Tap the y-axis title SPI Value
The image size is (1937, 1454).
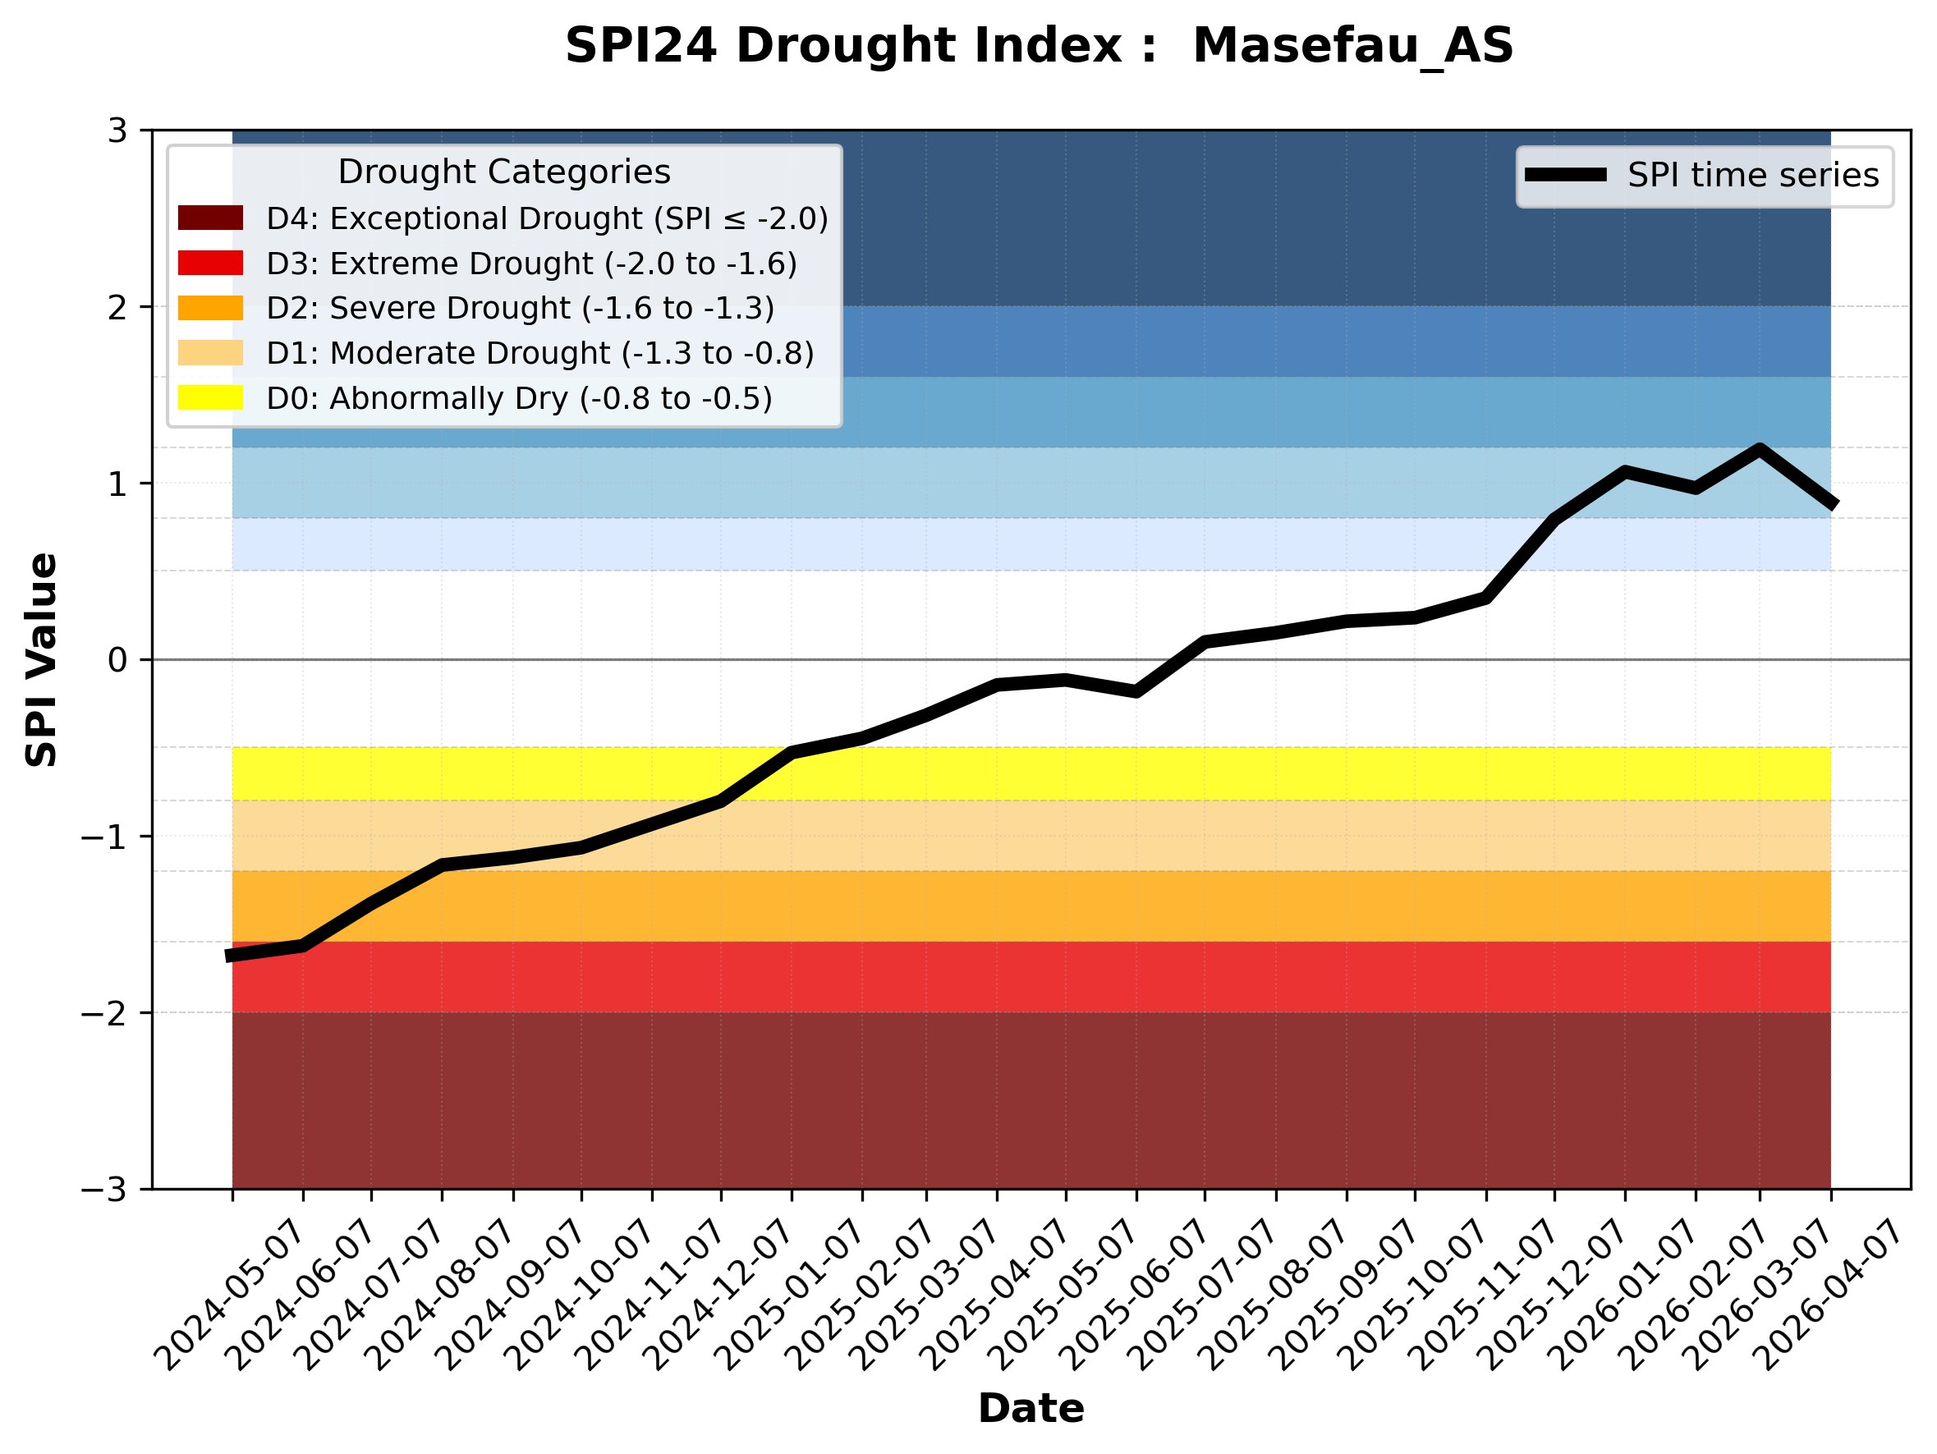[41, 660]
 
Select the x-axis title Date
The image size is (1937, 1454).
[1030, 1409]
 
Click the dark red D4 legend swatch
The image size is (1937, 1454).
[210, 218]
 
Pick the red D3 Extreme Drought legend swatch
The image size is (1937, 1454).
[210, 263]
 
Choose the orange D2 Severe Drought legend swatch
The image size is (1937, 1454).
[210, 308]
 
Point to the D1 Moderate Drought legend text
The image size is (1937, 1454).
[539, 353]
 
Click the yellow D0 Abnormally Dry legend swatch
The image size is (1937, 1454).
[210, 397]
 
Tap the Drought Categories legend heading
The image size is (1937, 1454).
[503, 172]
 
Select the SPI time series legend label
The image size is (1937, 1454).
[1753, 176]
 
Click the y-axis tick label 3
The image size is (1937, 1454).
[117, 131]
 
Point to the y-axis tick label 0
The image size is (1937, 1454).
[117, 660]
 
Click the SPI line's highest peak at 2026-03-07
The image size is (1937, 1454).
[1760, 449]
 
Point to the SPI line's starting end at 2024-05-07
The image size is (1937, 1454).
[229, 956]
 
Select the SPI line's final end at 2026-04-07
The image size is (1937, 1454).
[1833, 505]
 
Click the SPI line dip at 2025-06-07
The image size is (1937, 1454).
[1136, 691]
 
